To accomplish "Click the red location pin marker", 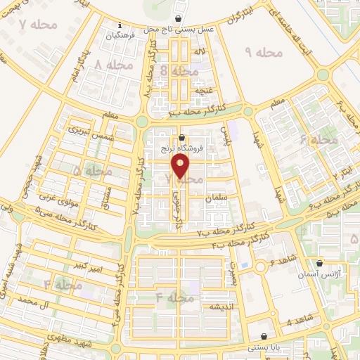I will [x=181, y=167].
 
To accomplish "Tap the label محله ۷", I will [x=30, y=26].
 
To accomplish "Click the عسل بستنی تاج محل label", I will [x=179, y=30].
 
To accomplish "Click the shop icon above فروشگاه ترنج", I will [x=183, y=137].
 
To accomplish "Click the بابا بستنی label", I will [x=263, y=348].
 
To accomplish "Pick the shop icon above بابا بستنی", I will [x=264, y=337].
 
